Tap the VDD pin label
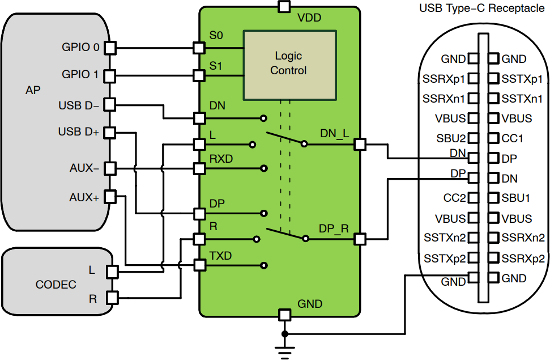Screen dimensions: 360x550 pyautogui.click(x=309, y=18)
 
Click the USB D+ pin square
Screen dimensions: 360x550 pyautogui.click(x=110, y=133)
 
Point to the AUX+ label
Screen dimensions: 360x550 pyautogui.click(x=84, y=198)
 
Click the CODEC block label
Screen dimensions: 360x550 pyautogui.click(x=56, y=285)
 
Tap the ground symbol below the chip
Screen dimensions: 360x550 pyautogui.click(x=285, y=350)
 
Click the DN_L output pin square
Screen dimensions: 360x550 pyautogui.click(x=359, y=145)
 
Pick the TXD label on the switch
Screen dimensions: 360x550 pyautogui.click(x=220, y=256)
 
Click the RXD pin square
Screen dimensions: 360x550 pyautogui.click(x=199, y=168)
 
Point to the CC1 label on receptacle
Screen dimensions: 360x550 pyautogui.click(x=513, y=138)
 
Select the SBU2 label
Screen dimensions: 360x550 pyautogui.click(x=451, y=138)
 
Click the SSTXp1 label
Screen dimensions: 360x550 pyautogui.click(x=522, y=79)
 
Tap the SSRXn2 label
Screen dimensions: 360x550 pyautogui.click(x=523, y=238)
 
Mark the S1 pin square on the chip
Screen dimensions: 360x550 pyautogui.click(x=199, y=75)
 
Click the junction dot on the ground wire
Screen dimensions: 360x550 pyautogui.click(x=285, y=333)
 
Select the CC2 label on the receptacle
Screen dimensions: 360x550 pyautogui.click(x=454, y=198)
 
